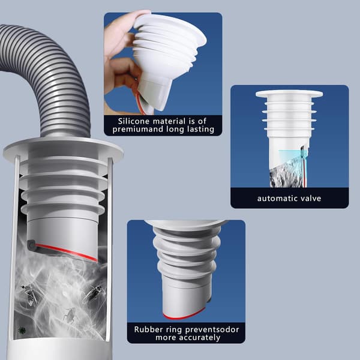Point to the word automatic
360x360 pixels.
(x=275, y=198)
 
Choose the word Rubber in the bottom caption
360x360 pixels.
(x=146, y=329)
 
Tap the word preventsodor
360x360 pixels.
(x=212, y=330)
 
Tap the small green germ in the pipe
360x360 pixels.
(x=22, y=331)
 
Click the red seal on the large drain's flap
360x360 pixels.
(x=67, y=253)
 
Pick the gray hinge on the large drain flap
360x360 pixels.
(x=31, y=244)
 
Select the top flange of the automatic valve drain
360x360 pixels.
(x=289, y=94)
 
